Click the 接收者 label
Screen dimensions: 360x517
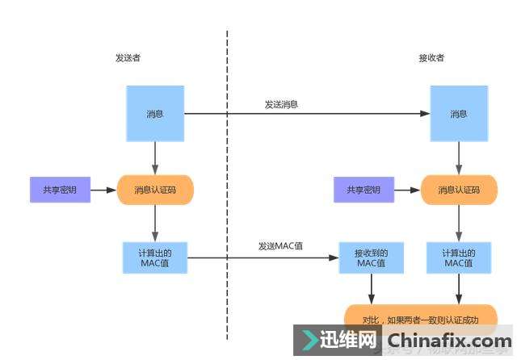431,58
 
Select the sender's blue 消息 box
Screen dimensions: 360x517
155,114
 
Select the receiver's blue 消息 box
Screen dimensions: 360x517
458,114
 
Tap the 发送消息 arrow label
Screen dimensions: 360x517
281,105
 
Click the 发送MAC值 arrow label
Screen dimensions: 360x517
280,245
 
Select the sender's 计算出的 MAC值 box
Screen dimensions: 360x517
155,258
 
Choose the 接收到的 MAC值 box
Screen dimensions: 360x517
371,258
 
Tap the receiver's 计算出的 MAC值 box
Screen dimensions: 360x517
458,258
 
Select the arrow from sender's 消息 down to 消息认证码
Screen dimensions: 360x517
155,158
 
